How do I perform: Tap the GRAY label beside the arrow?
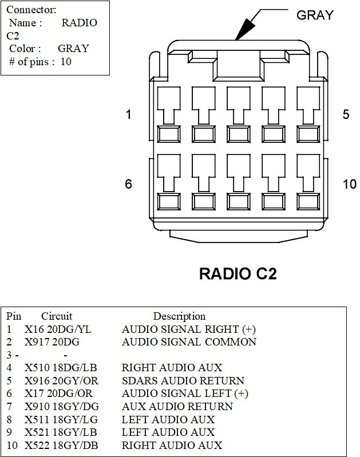click(314, 15)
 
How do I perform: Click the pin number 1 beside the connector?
click(128, 114)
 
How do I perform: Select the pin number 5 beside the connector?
click(346, 114)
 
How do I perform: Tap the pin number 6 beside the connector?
click(128, 184)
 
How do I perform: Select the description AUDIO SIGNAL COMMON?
click(189, 342)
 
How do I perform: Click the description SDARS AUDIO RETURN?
click(183, 380)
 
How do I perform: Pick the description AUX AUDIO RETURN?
click(177, 406)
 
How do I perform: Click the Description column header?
click(179, 316)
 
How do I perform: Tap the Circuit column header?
click(57, 316)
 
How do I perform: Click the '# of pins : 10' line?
click(40, 61)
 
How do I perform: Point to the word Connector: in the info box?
click(31, 10)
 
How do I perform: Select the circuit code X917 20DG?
click(52, 342)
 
